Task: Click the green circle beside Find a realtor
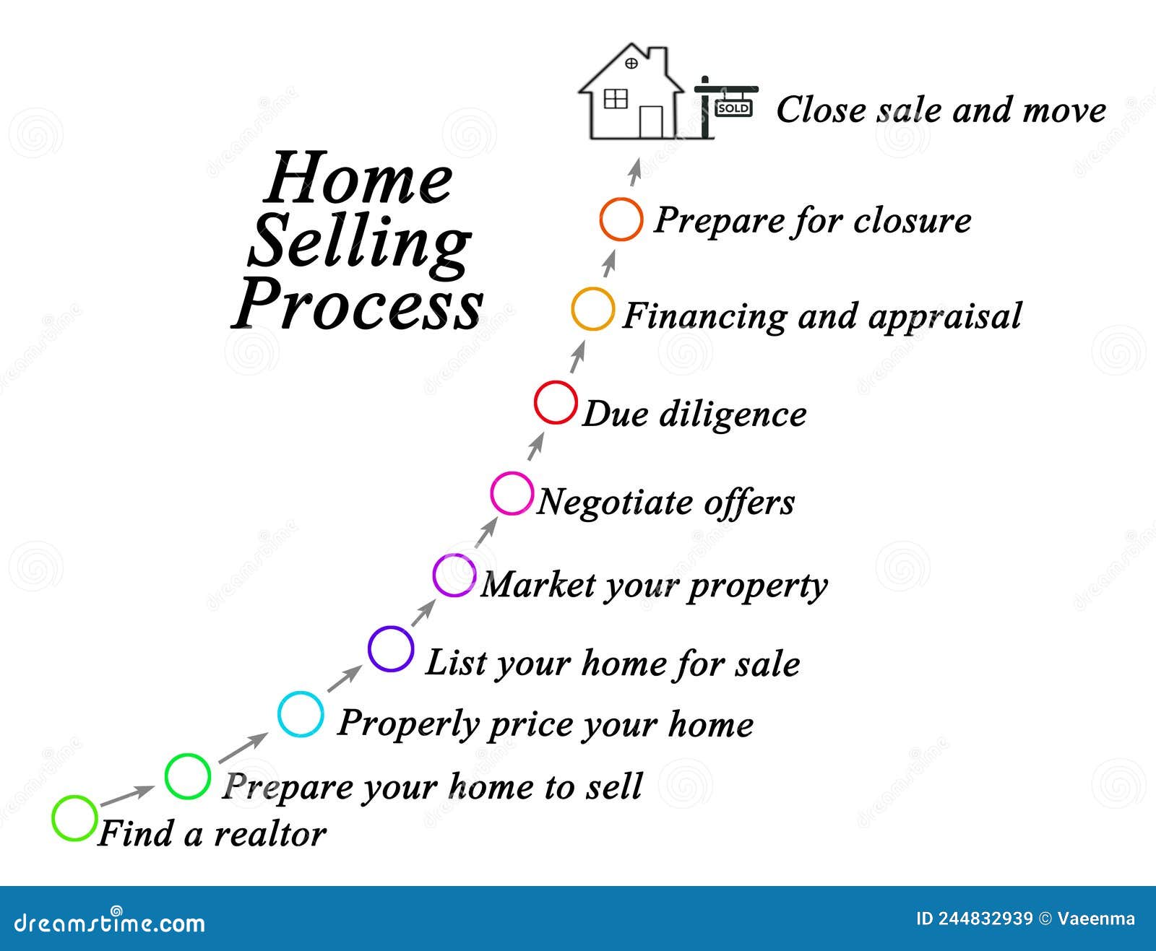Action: tap(74, 818)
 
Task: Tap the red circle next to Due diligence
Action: tap(556, 402)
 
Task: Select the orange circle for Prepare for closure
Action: tap(621, 219)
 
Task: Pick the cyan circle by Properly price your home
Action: tap(301, 714)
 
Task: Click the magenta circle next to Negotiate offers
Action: tap(512, 493)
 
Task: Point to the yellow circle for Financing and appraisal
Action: tap(592, 309)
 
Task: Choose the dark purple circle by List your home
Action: tap(391, 649)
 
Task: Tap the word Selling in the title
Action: tap(359, 241)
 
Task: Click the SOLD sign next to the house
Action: tap(733, 108)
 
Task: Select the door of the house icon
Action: tap(651, 122)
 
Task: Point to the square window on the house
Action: tap(615, 98)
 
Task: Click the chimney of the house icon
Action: tap(657, 56)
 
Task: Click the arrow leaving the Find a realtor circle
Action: tap(127, 796)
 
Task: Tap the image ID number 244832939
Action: tap(985, 919)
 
